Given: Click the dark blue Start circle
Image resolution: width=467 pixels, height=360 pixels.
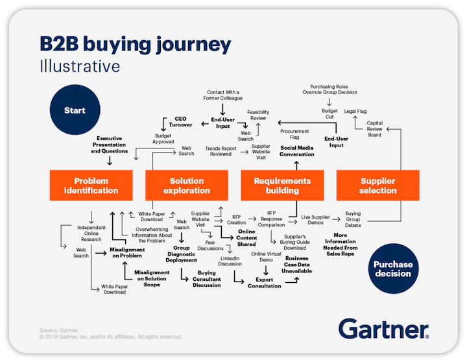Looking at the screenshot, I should [x=75, y=111].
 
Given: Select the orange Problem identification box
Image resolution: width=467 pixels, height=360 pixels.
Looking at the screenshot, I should [x=91, y=186].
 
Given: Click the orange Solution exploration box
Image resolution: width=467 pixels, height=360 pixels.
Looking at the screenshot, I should [x=186, y=186].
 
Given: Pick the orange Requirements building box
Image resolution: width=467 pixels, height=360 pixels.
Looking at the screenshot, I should [x=282, y=186].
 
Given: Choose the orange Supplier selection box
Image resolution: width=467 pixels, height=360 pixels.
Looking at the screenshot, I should [x=377, y=186].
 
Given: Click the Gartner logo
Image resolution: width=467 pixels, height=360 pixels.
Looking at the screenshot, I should [x=383, y=328].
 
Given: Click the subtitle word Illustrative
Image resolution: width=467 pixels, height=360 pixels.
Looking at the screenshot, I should [x=79, y=66].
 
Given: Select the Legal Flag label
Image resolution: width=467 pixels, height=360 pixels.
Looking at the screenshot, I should [x=355, y=111].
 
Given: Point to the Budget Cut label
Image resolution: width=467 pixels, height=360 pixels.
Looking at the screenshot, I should [x=329, y=114].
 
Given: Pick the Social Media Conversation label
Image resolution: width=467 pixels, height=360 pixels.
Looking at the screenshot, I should [x=297, y=151].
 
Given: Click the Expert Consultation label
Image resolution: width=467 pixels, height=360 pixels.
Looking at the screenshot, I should [x=265, y=282].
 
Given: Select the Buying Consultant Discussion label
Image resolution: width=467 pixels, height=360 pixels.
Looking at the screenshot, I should [x=206, y=279].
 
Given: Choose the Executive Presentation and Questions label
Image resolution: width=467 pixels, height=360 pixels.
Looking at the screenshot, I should [x=110, y=145].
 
